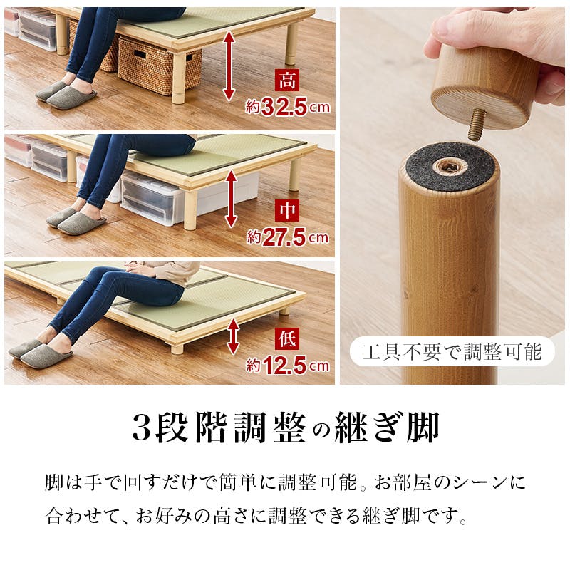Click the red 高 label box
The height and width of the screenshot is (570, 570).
pos(287,80)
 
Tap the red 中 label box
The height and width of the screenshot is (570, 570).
pos(287,210)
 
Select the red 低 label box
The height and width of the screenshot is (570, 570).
pos(287,338)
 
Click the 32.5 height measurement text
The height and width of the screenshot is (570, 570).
pos(284,107)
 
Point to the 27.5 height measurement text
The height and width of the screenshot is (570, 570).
pos(284,237)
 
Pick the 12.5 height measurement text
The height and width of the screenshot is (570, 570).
pos(284,366)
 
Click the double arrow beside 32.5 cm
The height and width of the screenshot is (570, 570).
pos(229,66)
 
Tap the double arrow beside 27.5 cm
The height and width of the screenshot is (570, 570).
pos(231,199)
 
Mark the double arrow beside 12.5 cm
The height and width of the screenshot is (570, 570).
pos(233,336)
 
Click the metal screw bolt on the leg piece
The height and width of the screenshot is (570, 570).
pos(477,125)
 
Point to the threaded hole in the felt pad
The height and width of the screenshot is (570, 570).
pos(448,167)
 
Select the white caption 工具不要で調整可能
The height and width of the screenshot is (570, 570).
pos(452,352)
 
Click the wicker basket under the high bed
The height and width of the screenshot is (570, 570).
pos(159,66)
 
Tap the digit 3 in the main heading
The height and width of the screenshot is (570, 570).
pos(141,427)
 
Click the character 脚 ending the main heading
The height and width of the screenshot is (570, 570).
pos(423,427)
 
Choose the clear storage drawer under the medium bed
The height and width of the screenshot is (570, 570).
pos(152,198)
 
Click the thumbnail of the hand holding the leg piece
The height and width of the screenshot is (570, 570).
pos(452,196)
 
